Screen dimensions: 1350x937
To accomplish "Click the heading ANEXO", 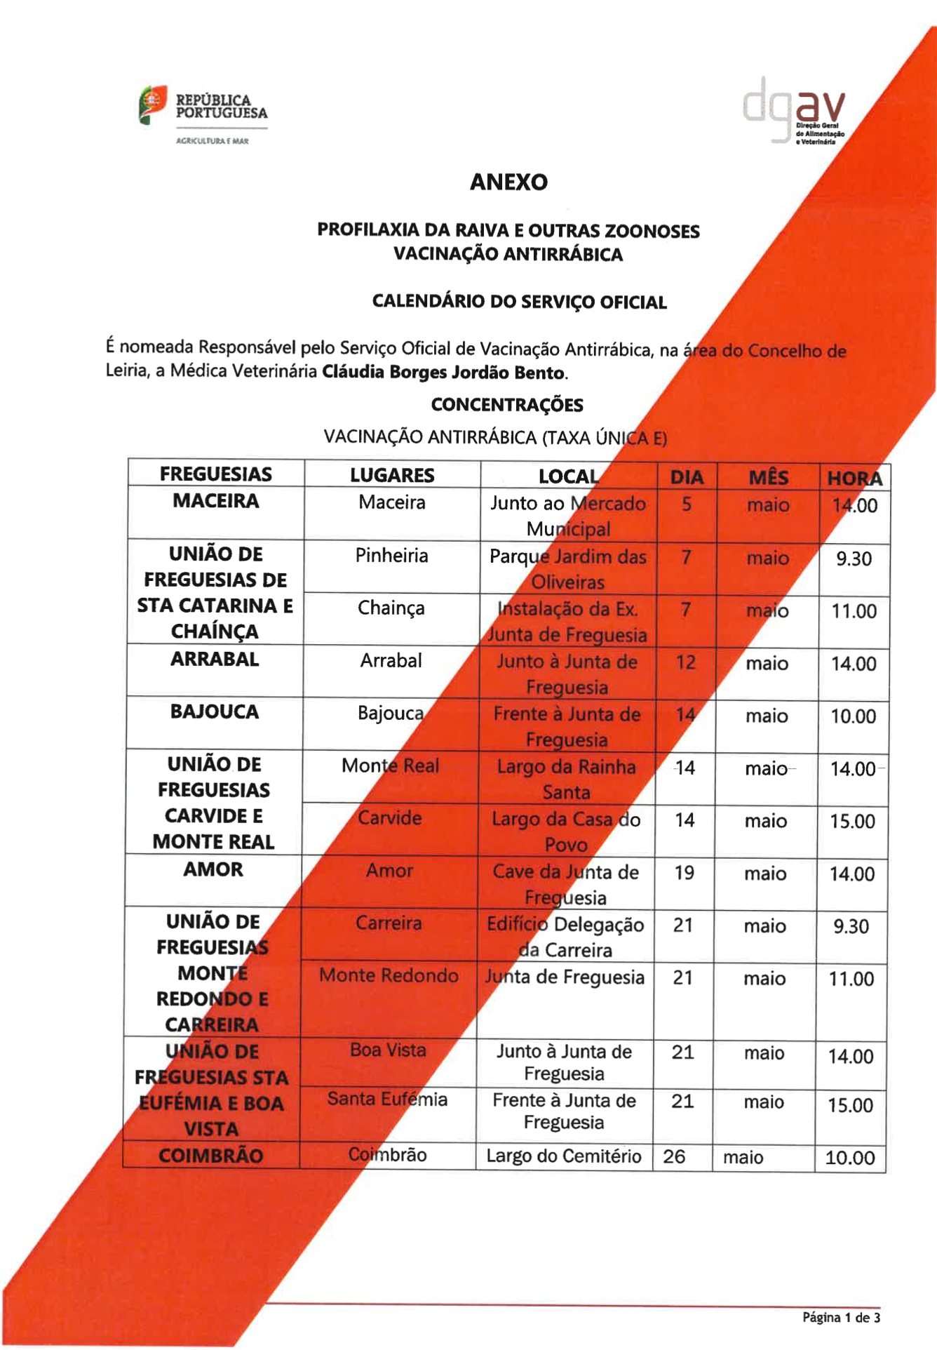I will coord(508,182).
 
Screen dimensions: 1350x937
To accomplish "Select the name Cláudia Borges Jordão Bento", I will coord(443,373).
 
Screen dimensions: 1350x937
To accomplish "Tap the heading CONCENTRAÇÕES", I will coord(507,405).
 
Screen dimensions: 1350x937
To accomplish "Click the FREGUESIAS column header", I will coord(216,474).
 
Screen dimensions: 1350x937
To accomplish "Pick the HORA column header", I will coord(854,479).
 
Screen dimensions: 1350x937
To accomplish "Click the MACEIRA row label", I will coord(216,501).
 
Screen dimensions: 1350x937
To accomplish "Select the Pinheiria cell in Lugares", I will coord(391,556).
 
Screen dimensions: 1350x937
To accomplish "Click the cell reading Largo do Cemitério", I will coord(564,1156).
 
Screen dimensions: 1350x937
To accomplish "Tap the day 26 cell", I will coord(674,1156).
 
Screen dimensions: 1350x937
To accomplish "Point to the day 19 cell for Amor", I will coord(684,873).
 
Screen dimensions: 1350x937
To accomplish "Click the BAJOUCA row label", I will coord(215,712).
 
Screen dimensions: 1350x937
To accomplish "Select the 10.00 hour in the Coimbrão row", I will coord(849,1158).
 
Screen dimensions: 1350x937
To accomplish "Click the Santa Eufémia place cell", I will coord(387,1099).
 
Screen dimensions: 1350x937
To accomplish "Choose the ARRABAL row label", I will coord(215,660).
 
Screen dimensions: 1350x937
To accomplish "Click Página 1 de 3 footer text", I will coord(841,1318).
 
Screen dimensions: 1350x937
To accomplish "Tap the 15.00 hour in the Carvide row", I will coord(852,821).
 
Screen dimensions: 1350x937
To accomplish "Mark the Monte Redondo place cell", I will coord(389,975).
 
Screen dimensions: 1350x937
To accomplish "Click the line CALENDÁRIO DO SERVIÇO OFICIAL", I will coord(519,302).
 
